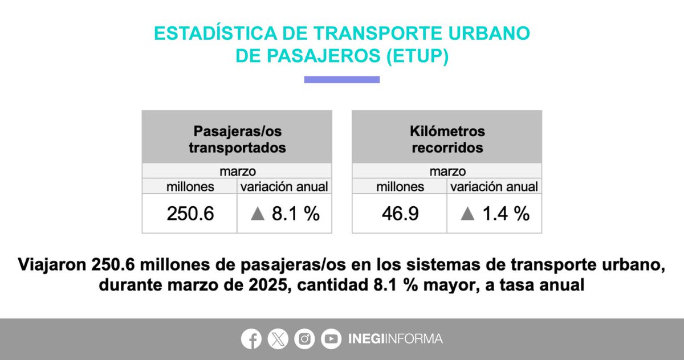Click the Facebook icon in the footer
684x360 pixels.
pyautogui.click(x=251, y=339)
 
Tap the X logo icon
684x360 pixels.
pyautogui.click(x=278, y=339)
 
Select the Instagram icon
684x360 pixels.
pyautogui.click(x=304, y=339)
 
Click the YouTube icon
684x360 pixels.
pyautogui.click(x=331, y=339)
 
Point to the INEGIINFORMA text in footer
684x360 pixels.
pyautogui.click(x=396, y=339)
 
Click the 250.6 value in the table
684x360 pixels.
pyautogui.click(x=190, y=213)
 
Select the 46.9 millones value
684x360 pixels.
pyautogui.click(x=400, y=213)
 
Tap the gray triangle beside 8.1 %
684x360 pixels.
pyautogui.click(x=258, y=214)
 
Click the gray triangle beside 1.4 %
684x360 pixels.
pyautogui.click(x=467, y=214)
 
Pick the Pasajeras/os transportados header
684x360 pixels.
pyautogui.click(x=237, y=140)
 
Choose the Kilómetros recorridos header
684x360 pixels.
pyautogui.click(x=447, y=140)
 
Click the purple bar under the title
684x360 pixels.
pyautogui.click(x=342, y=80)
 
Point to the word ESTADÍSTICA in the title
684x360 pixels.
pyautogui.click(x=215, y=33)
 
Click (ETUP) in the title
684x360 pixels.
pyautogui.click(x=417, y=56)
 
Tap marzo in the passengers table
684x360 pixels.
pyautogui.click(x=238, y=171)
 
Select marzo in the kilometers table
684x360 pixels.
pyautogui.click(x=447, y=171)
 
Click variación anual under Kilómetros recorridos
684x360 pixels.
pyautogui.click(x=494, y=187)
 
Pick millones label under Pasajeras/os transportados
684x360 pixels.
pyautogui.click(x=190, y=187)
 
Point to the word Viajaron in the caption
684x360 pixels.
pyautogui.click(x=52, y=264)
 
